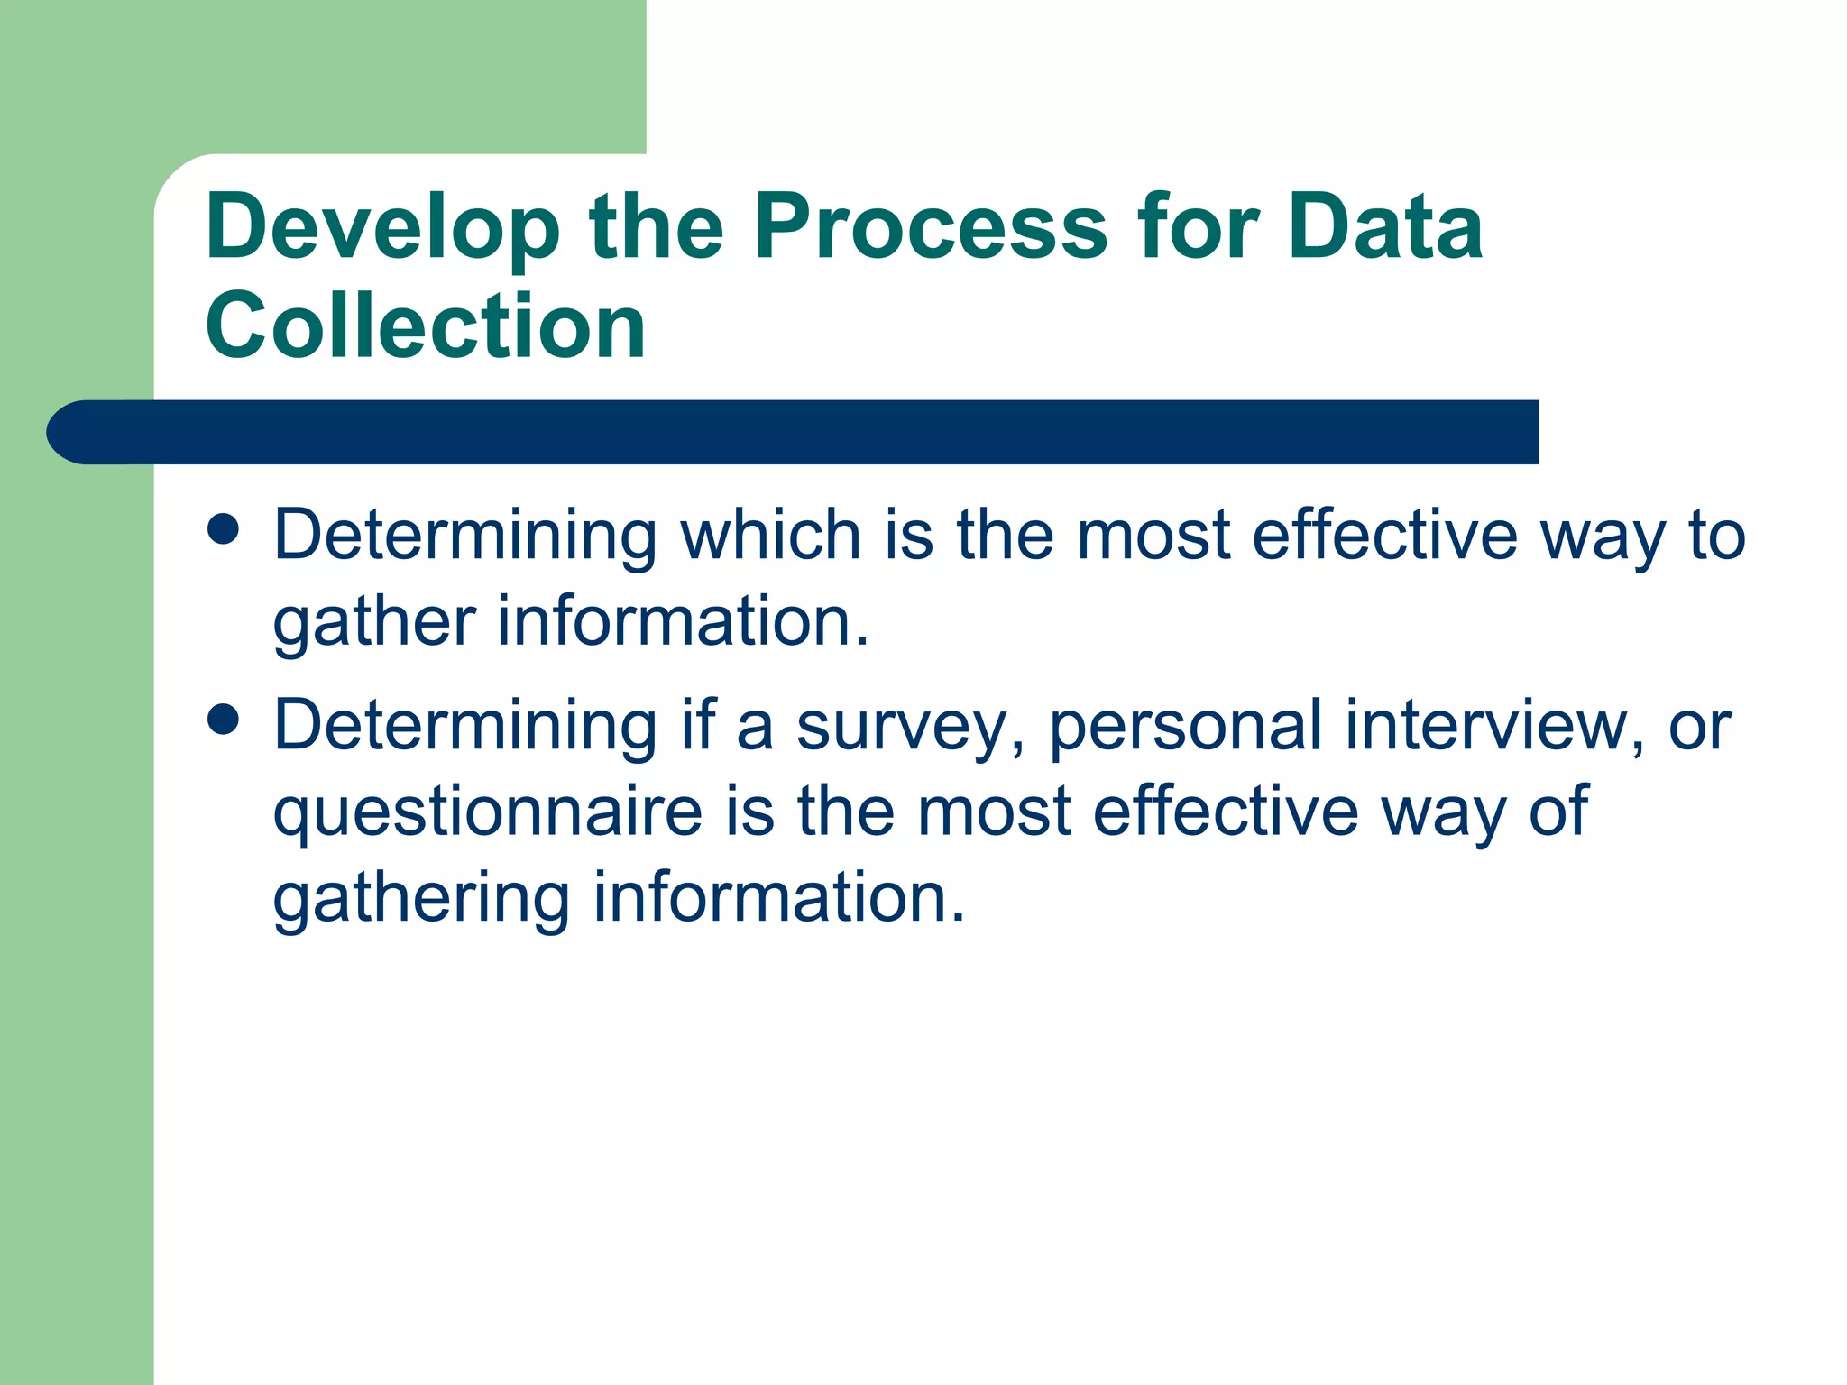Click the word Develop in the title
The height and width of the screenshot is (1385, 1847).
coord(382,229)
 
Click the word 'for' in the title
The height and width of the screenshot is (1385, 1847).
coord(1197,227)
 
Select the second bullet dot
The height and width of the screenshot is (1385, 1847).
coord(223,720)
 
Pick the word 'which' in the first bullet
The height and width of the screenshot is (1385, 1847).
coord(770,536)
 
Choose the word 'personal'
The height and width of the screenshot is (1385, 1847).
coord(1185,727)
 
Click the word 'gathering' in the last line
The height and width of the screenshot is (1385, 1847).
coord(421,900)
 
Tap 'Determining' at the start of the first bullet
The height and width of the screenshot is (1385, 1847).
coord(465,537)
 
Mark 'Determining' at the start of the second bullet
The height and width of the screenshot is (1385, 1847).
coord(465,727)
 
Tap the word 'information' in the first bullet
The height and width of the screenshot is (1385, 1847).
coord(683,622)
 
